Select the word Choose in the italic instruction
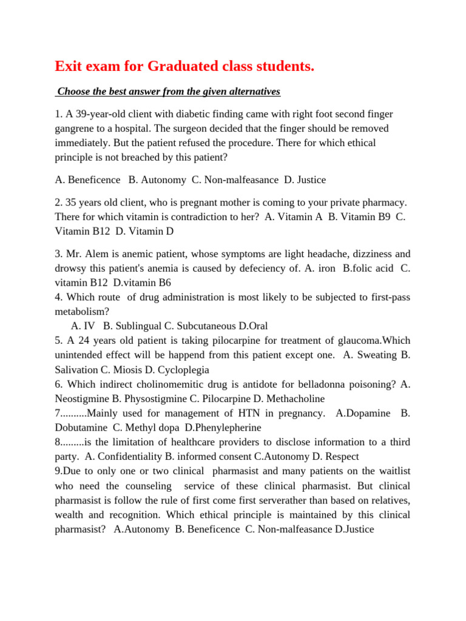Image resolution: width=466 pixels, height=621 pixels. (x=74, y=92)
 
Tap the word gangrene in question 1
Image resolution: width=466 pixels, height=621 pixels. (x=75, y=129)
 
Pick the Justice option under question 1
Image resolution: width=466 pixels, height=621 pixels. (x=311, y=180)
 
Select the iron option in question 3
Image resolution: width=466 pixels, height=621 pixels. (x=327, y=268)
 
